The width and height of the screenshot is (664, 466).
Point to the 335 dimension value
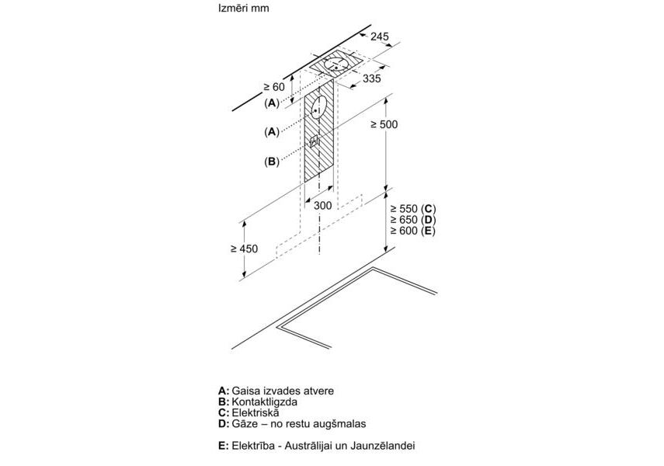click(x=373, y=79)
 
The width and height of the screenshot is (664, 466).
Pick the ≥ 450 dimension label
click(x=244, y=249)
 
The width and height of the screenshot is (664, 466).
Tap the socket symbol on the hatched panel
click(x=315, y=141)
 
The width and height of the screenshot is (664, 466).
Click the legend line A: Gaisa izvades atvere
click(x=276, y=391)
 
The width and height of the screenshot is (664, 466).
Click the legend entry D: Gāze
click(x=292, y=425)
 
